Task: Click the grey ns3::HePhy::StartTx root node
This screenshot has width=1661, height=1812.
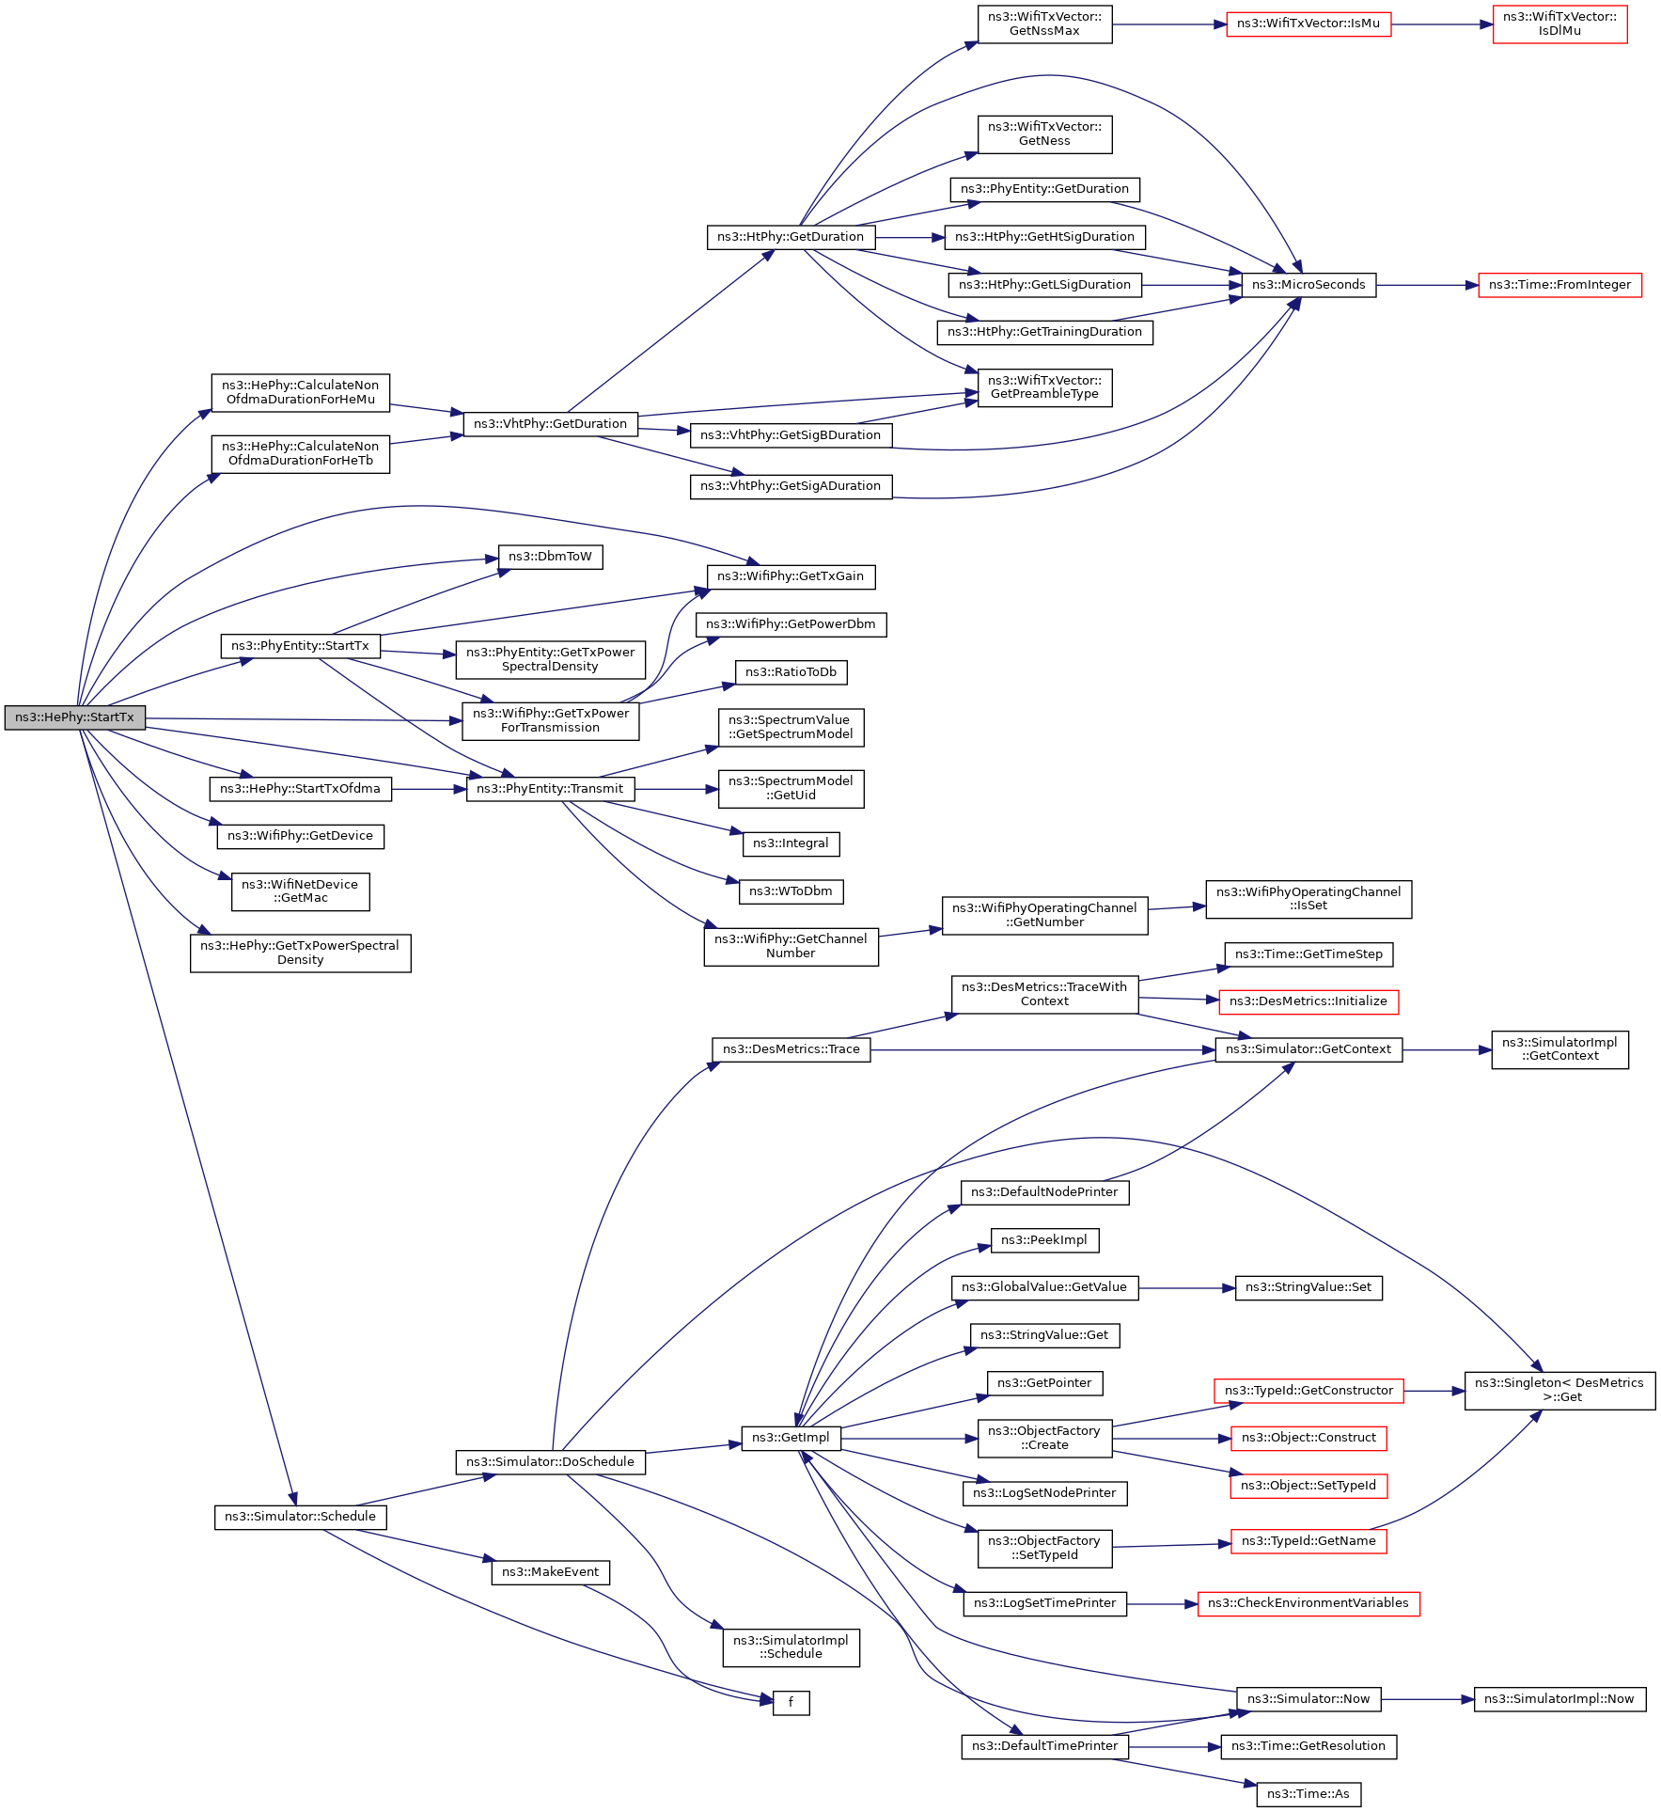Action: pyautogui.click(x=75, y=717)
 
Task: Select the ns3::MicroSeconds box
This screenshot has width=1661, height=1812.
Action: pyautogui.click(x=1308, y=285)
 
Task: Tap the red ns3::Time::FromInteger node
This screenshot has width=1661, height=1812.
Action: pyautogui.click(x=1559, y=285)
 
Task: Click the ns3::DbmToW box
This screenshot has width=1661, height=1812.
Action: pyautogui.click(x=550, y=557)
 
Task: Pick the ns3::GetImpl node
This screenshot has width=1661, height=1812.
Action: pyautogui.click(x=791, y=1438)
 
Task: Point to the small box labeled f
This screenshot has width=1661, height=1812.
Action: pyautogui.click(x=791, y=1702)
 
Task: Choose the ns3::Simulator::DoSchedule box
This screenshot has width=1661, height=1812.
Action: pyautogui.click(x=550, y=1462)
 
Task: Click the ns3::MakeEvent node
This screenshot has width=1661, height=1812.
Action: pyautogui.click(x=550, y=1572)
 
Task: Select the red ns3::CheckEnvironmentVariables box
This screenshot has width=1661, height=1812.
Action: pyautogui.click(x=1308, y=1603)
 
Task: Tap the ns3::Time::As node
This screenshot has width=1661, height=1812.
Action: pyautogui.click(x=1308, y=1794)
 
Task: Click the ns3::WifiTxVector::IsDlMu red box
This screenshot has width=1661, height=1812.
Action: pyautogui.click(x=1559, y=24)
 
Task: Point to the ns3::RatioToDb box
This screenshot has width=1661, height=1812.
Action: pyautogui.click(x=791, y=672)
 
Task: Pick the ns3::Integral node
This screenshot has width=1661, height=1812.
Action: pyautogui.click(x=791, y=843)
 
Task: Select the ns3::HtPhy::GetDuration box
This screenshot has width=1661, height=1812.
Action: pyautogui.click(x=791, y=237)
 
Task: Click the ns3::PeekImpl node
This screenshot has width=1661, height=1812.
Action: pyautogui.click(x=1044, y=1240)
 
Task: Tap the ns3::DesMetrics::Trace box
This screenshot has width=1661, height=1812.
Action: pyautogui.click(x=791, y=1049)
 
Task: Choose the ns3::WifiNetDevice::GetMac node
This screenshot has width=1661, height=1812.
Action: pyautogui.click(x=301, y=891)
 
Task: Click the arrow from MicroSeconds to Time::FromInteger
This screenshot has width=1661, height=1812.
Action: pyautogui.click(x=1427, y=285)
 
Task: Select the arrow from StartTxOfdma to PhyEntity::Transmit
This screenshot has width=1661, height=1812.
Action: pyautogui.click(x=429, y=789)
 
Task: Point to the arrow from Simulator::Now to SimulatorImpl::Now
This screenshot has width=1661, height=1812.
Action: pyautogui.click(x=1428, y=1699)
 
